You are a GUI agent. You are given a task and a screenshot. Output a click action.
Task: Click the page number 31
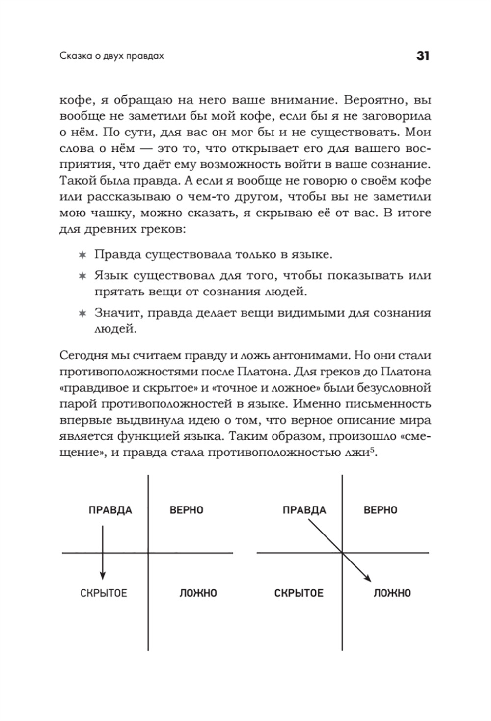(422, 56)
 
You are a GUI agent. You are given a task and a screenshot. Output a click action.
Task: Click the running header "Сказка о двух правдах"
(111, 56)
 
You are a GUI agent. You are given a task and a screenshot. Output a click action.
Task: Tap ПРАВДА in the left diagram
(110, 510)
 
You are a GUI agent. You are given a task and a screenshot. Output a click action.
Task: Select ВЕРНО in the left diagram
(186, 510)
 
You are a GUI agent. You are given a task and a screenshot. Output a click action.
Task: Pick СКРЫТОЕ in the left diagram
(104, 593)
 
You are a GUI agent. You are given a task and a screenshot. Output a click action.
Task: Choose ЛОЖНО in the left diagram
(198, 593)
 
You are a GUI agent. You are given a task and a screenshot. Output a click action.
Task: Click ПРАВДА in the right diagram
(304, 510)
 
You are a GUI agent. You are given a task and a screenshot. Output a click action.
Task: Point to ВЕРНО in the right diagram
(380, 510)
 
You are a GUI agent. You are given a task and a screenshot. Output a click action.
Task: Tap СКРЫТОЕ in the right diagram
(299, 593)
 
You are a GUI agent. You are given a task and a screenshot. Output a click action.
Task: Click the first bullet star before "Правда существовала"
(82, 255)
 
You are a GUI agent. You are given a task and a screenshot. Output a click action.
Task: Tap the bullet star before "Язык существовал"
(82, 275)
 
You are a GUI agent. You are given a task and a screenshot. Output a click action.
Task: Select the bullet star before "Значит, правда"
(82, 313)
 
